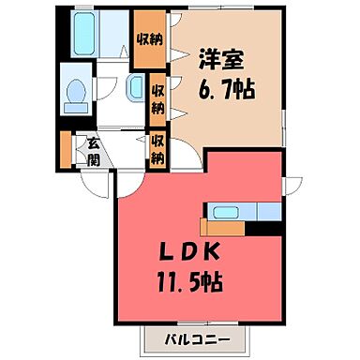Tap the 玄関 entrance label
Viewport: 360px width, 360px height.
(96, 150)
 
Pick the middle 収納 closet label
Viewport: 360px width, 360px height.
(160, 97)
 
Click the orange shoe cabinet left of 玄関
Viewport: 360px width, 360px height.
(66, 149)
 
